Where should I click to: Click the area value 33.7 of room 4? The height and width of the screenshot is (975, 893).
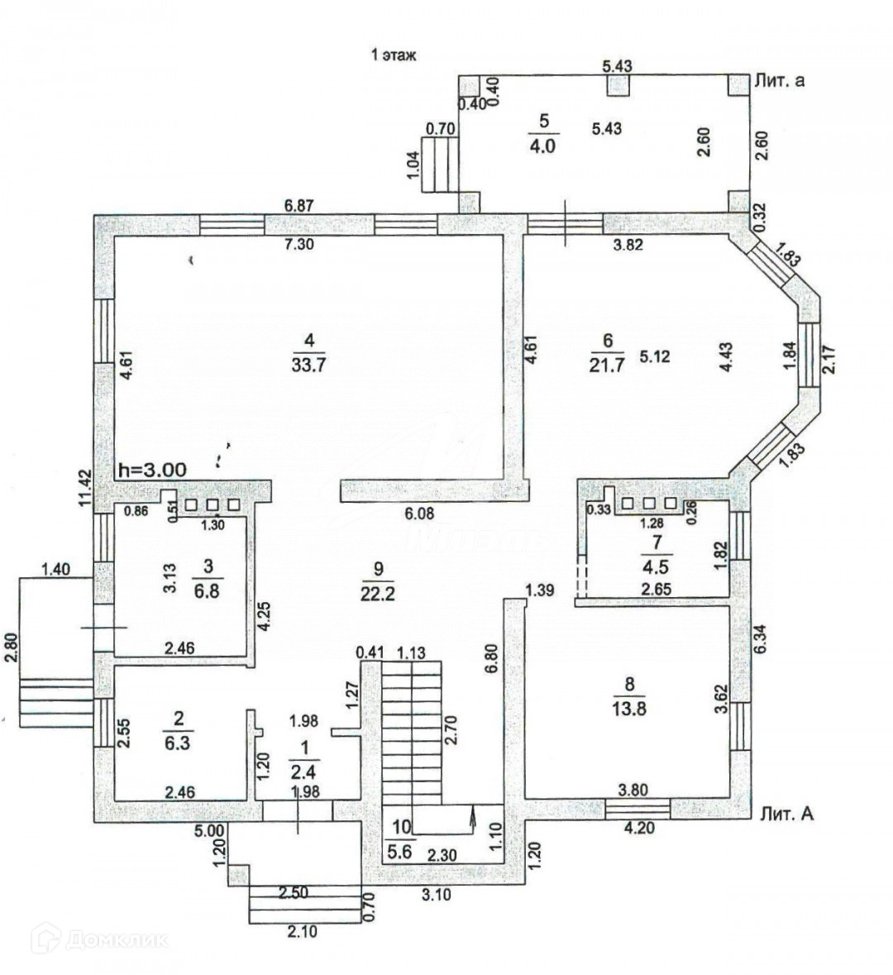point(308,363)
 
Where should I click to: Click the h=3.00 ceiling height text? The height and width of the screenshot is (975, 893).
point(152,469)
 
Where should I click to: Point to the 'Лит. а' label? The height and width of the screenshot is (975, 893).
point(780,81)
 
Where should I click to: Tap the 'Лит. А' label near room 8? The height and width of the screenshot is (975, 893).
point(786,814)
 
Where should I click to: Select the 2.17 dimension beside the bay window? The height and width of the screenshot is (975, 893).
point(832,360)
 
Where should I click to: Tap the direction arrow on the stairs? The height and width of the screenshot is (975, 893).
point(472,817)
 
